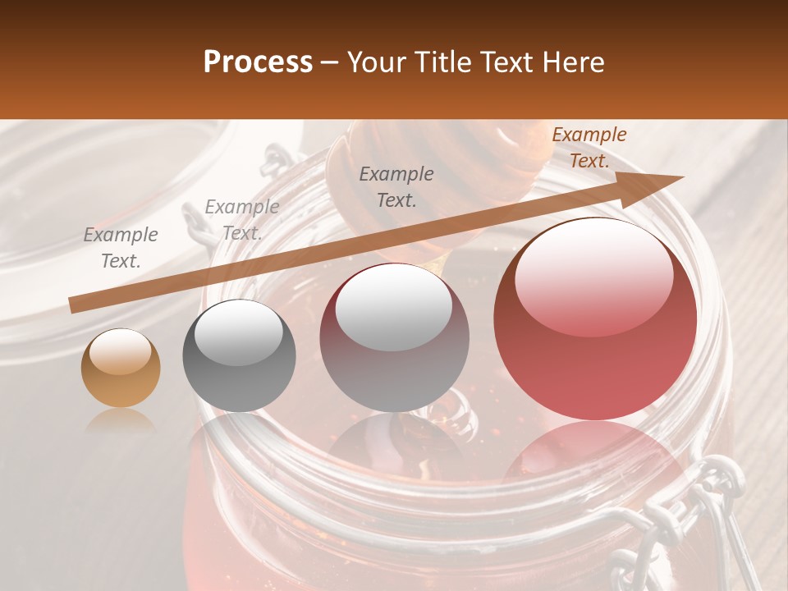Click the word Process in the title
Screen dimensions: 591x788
258,62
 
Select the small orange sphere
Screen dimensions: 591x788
121,369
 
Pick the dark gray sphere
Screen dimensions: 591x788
239,356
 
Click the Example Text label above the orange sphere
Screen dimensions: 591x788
121,247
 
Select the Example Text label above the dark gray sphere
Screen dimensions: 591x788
241,219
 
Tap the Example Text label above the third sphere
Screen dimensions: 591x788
396,186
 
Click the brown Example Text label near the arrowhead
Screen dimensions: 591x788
589,148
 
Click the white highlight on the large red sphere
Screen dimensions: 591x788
594,275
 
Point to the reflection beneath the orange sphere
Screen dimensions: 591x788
121,420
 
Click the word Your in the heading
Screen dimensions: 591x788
375,62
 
